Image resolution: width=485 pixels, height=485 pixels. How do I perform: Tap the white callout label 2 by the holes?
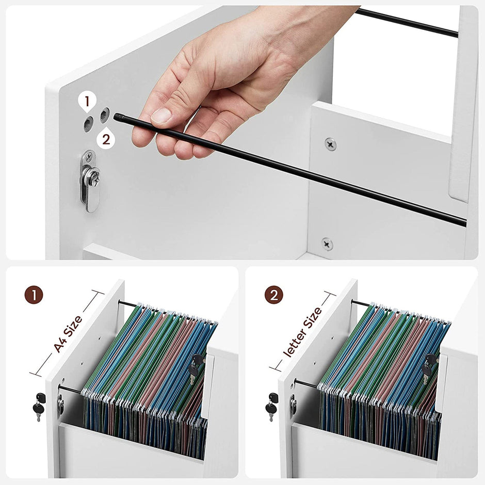point(106,138)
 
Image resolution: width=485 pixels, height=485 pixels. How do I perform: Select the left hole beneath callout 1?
point(89,123)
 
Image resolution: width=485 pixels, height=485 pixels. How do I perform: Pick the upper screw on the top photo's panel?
point(330,144)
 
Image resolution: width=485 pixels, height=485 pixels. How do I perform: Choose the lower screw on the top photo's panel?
point(327,244)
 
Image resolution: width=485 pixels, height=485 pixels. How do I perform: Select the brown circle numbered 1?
point(34,296)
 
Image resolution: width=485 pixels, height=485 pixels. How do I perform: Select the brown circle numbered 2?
point(273,296)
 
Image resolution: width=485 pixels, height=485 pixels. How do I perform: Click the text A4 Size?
point(68,334)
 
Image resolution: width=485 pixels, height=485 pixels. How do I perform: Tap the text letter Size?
point(303,332)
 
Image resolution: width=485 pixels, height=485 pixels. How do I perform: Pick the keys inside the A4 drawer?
point(196,367)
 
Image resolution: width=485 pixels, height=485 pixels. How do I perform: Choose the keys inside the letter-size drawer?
point(428,367)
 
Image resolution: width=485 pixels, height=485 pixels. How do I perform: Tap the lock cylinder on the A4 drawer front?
point(60,404)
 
